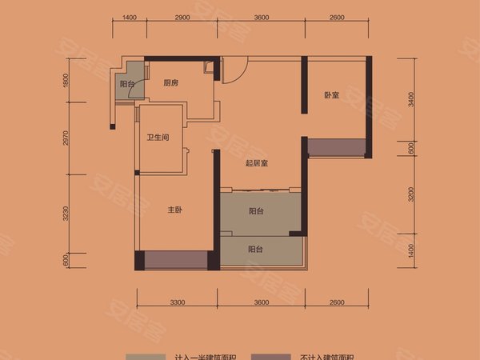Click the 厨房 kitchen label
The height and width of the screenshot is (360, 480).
point(170,83)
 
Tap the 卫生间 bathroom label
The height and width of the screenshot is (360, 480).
point(157,138)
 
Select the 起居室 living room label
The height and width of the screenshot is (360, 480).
point(256,163)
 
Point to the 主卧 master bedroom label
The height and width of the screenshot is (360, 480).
point(177,211)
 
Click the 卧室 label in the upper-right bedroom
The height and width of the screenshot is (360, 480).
point(332,95)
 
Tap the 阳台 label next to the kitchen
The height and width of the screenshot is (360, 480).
point(126,84)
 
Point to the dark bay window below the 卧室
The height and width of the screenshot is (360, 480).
point(335,148)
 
